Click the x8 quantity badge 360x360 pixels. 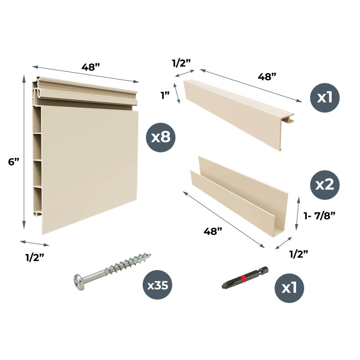pyautogui.click(x=161, y=137)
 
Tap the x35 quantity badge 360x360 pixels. pyautogui.click(x=157, y=285)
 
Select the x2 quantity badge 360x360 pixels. pyautogui.click(x=324, y=185)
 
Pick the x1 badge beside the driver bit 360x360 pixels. pyautogui.click(x=289, y=288)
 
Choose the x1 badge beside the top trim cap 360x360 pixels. pyautogui.click(x=324, y=98)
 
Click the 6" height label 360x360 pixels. pyautogui.click(x=13, y=162)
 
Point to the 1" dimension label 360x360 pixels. pyautogui.click(x=165, y=95)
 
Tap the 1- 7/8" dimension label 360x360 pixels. pyautogui.click(x=319, y=216)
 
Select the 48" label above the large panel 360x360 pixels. pyautogui.click(x=91, y=67)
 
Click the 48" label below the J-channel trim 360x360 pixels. pyautogui.click(x=213, y=231)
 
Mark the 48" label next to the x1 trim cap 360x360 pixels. pyautogui.click(x=267, y=76)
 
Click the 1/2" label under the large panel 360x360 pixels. pyautogui.click(x=35, y=257)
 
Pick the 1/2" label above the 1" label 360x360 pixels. pyautogui.click(x=181, y=63)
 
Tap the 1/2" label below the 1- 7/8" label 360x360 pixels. pyautogui.click(x=298, y=254)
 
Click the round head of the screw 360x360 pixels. pyautogui.click(x=79, y=282)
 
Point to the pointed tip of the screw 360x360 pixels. pyautogui.click(x=150, y=255)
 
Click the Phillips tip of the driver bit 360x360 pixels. pyautogui.click(x=225, y=286)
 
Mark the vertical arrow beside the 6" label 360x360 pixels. pyautogui.click(x=24, y=152)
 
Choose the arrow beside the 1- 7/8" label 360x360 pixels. pyautogui.click(x=297, y=213)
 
